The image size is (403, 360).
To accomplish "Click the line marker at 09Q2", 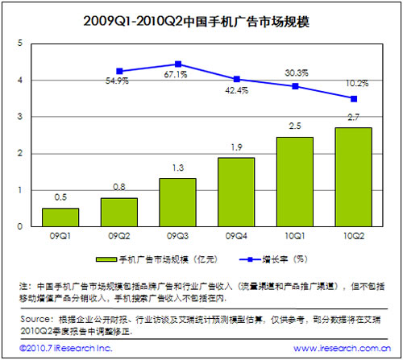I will click(119, 71).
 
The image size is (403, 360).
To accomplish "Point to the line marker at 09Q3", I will click(178, 64).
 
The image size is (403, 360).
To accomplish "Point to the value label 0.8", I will click(118, 188).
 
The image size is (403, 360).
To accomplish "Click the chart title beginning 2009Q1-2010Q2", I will click(201, 18).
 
